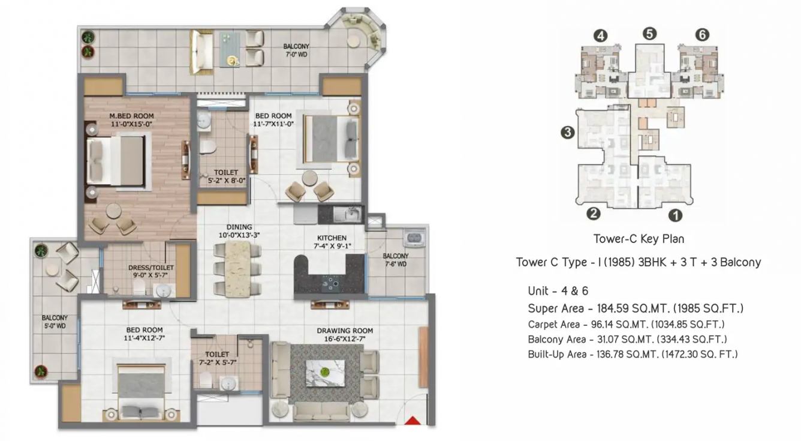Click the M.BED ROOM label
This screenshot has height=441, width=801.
(131, 116)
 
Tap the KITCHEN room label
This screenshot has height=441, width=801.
(332, 238)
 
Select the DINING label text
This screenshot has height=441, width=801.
(239, 227)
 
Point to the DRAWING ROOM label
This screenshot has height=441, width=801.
(345, 331)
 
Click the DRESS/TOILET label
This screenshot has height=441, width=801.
(151, 268)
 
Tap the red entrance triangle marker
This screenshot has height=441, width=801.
(413, 421)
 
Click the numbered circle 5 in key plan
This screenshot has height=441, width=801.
(649, 34)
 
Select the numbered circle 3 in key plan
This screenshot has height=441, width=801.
(568, 133)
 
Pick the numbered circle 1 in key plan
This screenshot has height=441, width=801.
(675, 215)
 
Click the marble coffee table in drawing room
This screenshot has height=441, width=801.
(325, 373)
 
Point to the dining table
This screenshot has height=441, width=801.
(237, 268)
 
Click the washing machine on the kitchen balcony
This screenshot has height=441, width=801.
(414, 238)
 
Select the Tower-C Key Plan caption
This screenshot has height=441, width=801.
(639, 239)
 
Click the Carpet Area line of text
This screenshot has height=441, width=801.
(626, 325)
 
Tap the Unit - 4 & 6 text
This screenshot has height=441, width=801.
(558, 290)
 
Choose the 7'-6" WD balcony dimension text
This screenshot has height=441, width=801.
(396, 264)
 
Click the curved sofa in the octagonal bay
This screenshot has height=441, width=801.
(366, 31)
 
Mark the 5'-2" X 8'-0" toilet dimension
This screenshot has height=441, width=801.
(227, 181)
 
